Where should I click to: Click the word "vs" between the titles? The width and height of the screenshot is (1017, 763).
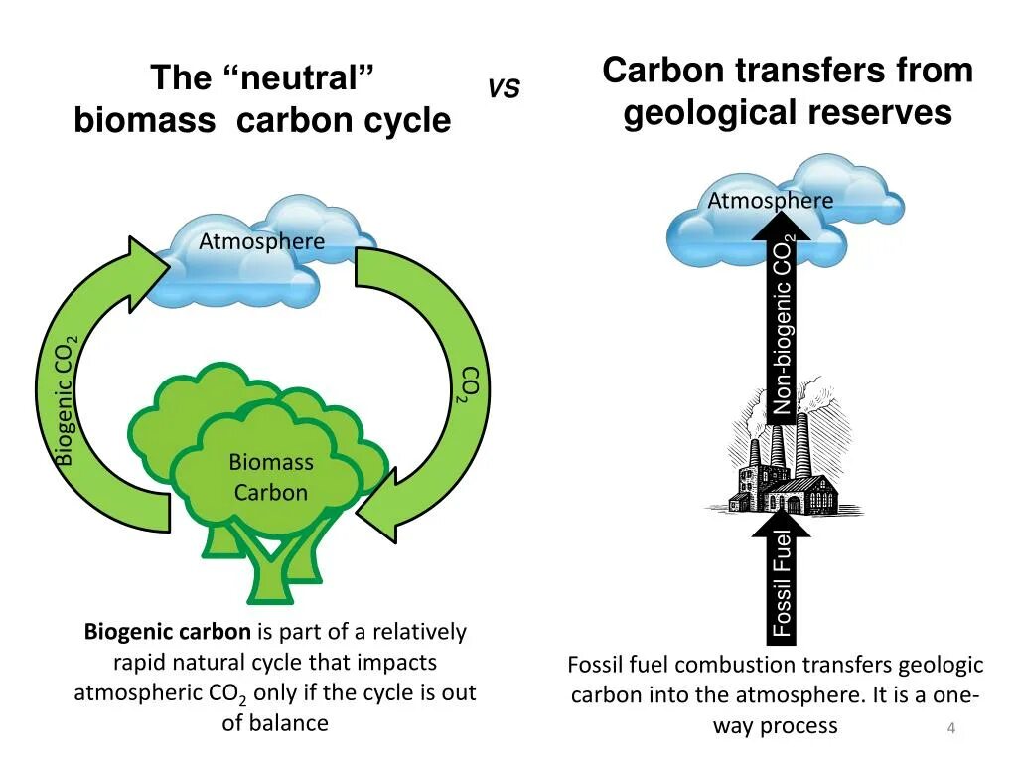[x=504, y=89]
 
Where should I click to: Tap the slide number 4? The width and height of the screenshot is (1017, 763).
[x=950, y=730]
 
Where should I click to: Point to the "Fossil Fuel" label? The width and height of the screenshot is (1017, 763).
[x=783, y=584]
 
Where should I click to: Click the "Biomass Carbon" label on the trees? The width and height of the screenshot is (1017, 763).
[x=271, y=477]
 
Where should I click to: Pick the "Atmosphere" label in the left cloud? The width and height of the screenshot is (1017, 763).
[x=261, y=241]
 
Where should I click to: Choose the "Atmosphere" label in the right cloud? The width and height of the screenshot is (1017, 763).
[x=770, y=201]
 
